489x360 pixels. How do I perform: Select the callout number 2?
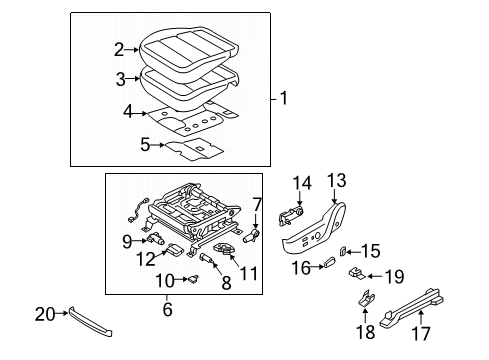[x=118, y=48]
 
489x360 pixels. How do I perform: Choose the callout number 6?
[x=167, y=310]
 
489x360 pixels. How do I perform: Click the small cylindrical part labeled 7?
[x=253, y=236]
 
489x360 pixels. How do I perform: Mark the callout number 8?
[x=225, y=282]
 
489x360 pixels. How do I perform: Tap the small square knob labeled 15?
[x=344, y=251]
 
